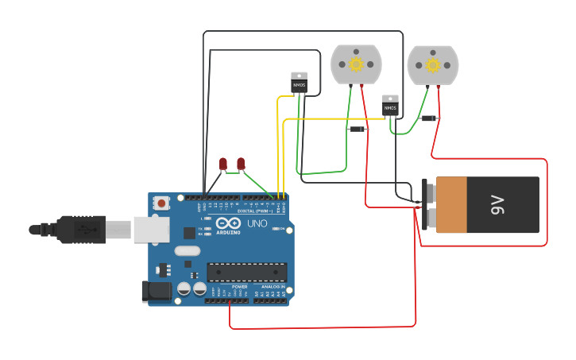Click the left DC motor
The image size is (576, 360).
[356, 64]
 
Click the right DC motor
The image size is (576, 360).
[432, 64]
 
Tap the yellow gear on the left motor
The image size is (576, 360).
[356, 64]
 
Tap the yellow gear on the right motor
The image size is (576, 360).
[432, 64]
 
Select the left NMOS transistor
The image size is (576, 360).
[299, 83]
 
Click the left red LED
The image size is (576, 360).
[223, 164]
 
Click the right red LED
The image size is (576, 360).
[241, 164]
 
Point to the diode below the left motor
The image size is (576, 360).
[358, 129]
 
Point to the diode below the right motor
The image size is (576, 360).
[429, 118]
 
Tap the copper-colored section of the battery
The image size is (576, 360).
[451, 205]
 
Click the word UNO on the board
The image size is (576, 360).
[257, 224]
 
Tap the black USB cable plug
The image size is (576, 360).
[79, 230]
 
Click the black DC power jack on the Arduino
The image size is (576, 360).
[156, 292]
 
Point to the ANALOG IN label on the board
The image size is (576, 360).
[273, 287]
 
